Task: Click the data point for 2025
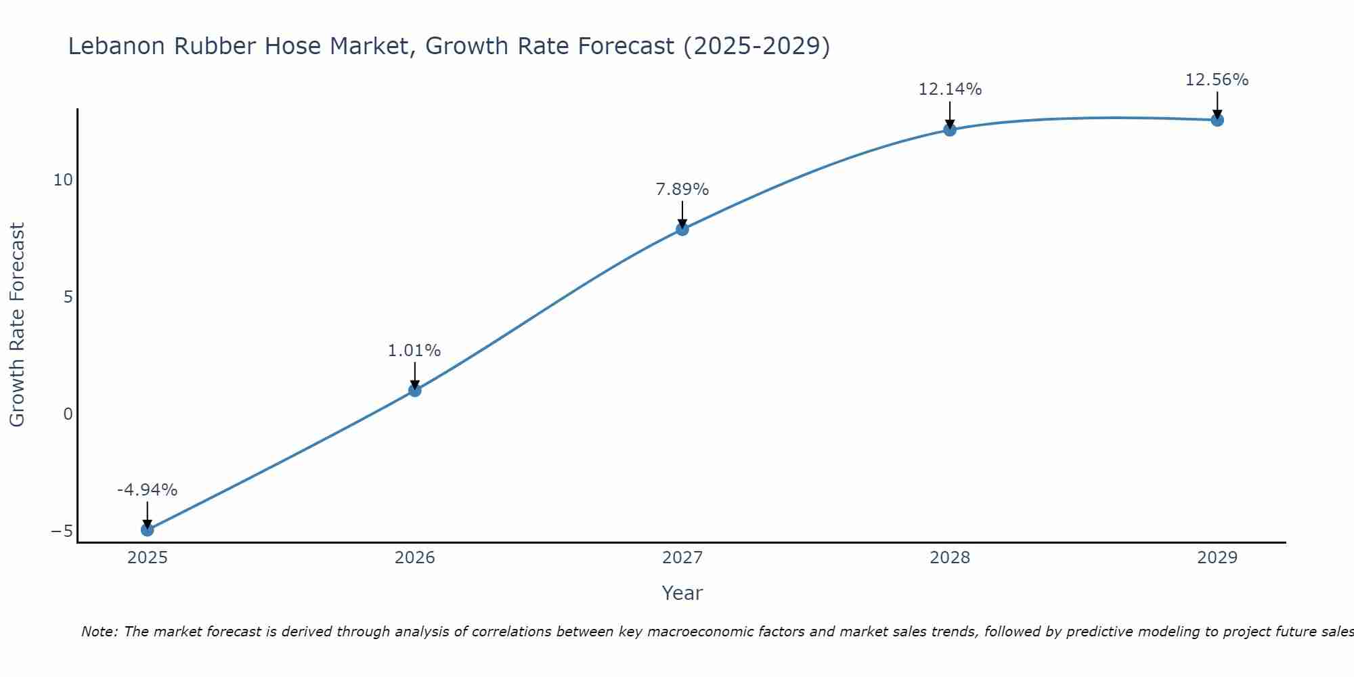(147, 529)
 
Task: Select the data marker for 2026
(415, 390)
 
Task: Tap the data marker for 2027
(682, 229)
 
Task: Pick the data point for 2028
(950, 129)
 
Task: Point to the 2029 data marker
(1217, 120)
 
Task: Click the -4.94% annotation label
(147, 490)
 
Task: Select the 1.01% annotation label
(414, 351)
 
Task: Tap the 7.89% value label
(682, 190)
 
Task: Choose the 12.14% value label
(950, 89)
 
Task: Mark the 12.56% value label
(1217, 80)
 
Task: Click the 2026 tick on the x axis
(415, 558)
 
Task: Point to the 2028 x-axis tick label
(950, 558)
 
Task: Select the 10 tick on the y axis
(63, 180)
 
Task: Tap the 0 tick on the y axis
(68, 414)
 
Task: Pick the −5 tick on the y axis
(62, 531)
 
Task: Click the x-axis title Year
(682, 593)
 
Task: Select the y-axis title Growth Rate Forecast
(17, 325)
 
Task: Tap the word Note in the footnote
(99, 632)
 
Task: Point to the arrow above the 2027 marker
(682, 214)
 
